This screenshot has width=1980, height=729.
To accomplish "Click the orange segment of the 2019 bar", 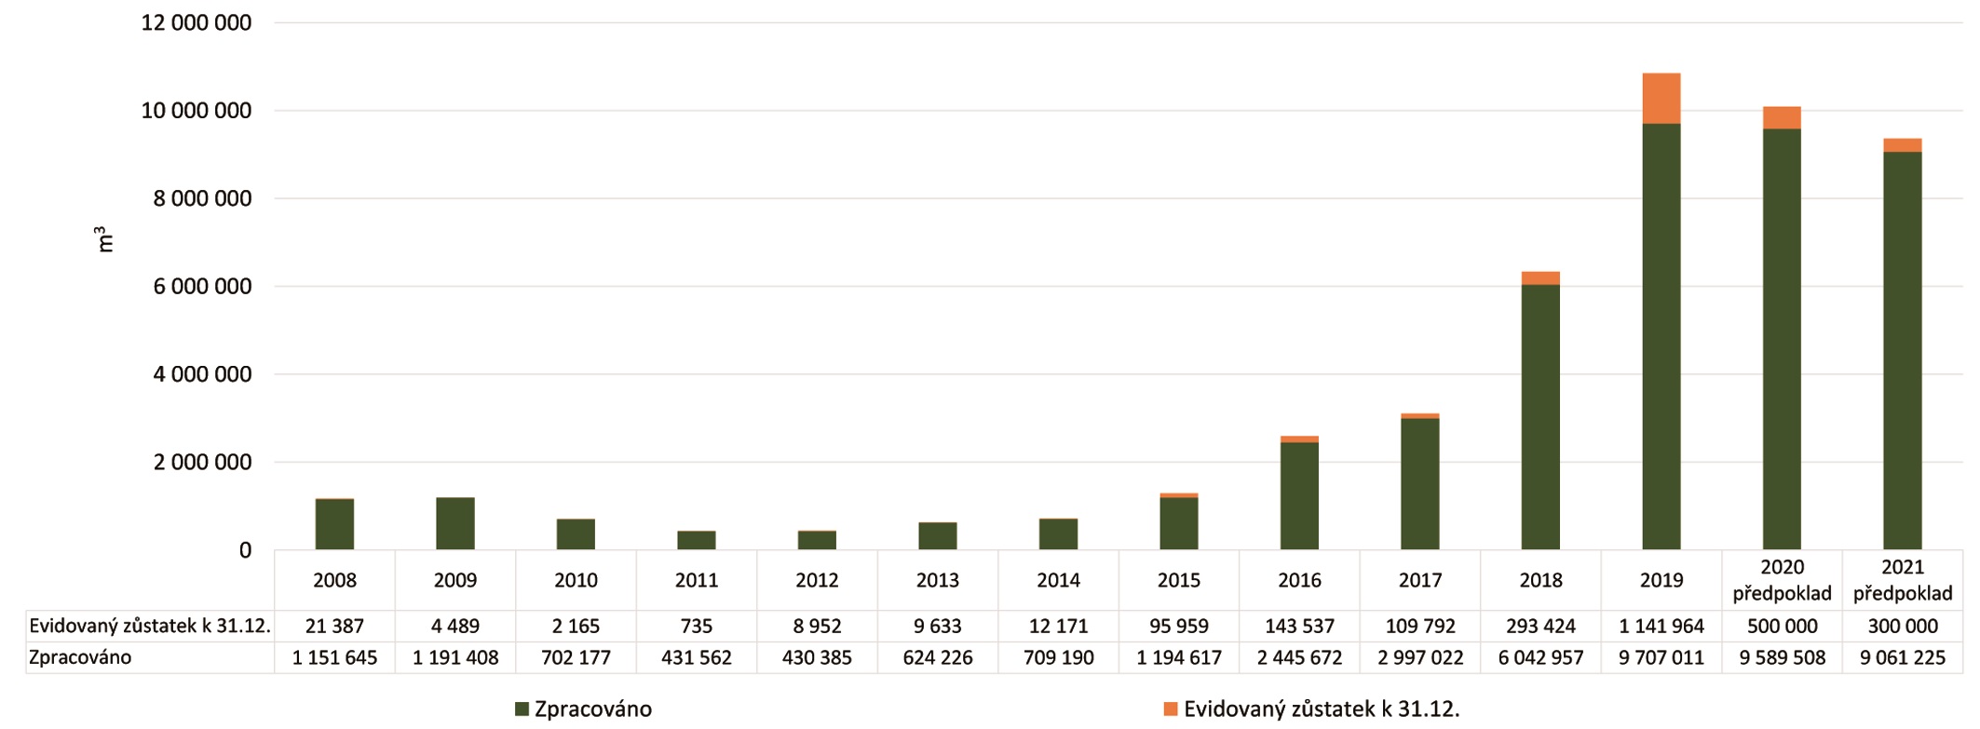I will [1661, 99].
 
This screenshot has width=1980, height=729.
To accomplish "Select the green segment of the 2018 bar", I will [1540, 417].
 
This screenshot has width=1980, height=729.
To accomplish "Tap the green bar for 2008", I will [334, 525].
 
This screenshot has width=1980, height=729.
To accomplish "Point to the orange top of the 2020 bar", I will [1782, 118].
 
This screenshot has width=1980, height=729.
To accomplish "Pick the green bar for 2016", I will [1299, 496].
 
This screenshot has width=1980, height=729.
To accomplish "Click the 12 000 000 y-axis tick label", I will [196, 23].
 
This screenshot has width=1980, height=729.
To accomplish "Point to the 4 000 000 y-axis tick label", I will [196, 375].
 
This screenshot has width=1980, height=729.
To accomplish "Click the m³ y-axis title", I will [105, 239].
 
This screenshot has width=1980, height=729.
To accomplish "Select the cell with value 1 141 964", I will [1661, 627].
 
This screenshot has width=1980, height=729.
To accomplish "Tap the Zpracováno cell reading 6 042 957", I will [1540, 658].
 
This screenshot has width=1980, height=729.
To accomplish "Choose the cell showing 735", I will [697, 627].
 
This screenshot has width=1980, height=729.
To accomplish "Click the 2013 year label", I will [938, 581].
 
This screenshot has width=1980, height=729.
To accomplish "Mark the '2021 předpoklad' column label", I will [1903, 581].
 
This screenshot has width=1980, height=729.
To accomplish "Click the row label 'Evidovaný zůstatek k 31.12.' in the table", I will [150, 627].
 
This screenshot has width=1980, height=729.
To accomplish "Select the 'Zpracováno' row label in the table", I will [80, 658].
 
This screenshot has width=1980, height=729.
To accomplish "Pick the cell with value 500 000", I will [1782, 627].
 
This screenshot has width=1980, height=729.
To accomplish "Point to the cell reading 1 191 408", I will [455, 658].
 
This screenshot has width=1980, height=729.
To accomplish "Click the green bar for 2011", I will [697, 540].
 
